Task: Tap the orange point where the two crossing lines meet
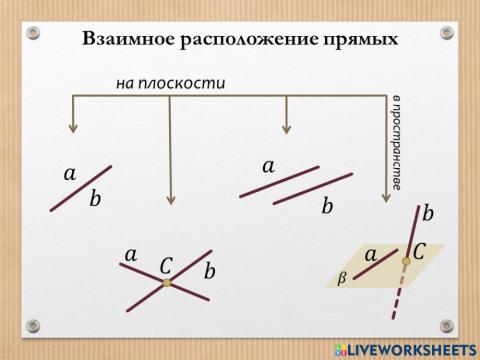(x=167, y=284)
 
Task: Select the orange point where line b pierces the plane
(x=406, y=262)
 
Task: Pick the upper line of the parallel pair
(x=280, y=180)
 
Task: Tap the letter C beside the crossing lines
(x=167, y=265)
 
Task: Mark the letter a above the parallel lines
(x=268, y=165)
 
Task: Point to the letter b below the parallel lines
(x=327, y=206)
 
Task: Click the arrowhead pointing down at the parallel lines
(x=287, y=127)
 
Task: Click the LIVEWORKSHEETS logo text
(x=410, y=349)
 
